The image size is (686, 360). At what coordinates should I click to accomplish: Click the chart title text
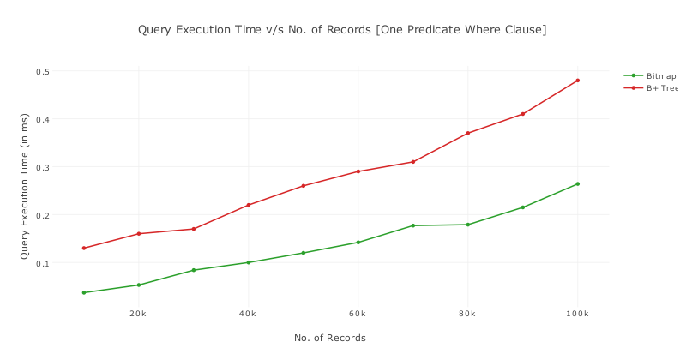pyautogui.click(x=342, y=30)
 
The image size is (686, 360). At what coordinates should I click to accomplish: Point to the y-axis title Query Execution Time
pyautogui.click(x=25, y=186)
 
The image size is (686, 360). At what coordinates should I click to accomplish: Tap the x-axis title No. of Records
pyautogui.click(x=330, y=338)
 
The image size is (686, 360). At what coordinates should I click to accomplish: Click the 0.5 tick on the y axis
pyautogui.click(x=43, y=71)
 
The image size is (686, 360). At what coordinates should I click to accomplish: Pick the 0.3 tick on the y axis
pyautogui.click(x=43, y=167)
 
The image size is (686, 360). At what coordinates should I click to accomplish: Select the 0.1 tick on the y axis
pyautogui.click(x=43, y=263)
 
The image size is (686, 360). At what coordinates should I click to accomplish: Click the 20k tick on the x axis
pyautogui.click(x=138, y=314)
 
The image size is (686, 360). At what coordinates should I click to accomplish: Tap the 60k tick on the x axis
pyautogui.click(x=358, y=314)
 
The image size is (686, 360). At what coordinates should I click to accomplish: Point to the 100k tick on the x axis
pyautogui.click(x=577, y=314)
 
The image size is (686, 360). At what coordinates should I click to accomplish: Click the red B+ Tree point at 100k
pyautogui.click(x=577, y=81)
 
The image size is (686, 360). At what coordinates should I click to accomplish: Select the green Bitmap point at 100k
pyautogui.click(x=577, y=183)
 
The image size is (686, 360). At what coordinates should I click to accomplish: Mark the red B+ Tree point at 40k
pyautogui.click(x=249, y=205)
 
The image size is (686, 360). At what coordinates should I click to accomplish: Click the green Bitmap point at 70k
pyautogui.click(x=412, y=225)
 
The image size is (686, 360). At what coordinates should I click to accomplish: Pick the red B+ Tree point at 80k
pyautogui.click(x=467, y=133)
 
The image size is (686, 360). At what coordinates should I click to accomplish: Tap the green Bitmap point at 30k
pyautogui.click(x=194, y=270)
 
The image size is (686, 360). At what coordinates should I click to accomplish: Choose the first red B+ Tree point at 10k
pyautogui.click(x=84, y=248)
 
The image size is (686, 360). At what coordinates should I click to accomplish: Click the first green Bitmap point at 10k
pyautogui.click(x=84, y=292)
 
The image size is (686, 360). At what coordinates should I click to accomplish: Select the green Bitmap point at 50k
pyautogui.click(x=303, y=253)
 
